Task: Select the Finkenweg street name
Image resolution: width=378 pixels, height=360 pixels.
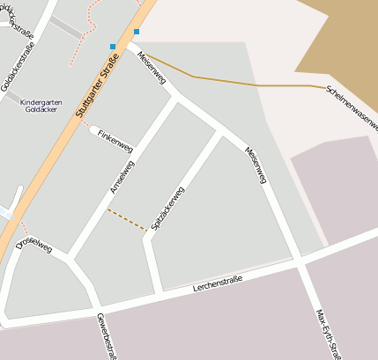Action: pos(115,137)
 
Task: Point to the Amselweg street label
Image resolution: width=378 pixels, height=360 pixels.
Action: pos(122,178)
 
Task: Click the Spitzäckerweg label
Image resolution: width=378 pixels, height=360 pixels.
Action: pos(167,209)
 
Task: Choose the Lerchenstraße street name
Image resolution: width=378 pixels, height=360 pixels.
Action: pos(218,284)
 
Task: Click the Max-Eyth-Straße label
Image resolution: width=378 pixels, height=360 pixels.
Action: pos(327,334)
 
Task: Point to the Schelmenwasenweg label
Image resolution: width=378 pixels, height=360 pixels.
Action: pos(351,108)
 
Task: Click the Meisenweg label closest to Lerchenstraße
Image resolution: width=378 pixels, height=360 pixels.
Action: pos(255,165)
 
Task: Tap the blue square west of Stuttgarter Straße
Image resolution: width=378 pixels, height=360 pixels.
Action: pos(113,46)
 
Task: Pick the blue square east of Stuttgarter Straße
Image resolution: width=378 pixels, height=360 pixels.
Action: pos(137,32)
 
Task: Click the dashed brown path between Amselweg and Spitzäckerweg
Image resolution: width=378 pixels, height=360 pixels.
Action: pos(127,220)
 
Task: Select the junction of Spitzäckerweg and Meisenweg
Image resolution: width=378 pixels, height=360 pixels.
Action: pos(219,135)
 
